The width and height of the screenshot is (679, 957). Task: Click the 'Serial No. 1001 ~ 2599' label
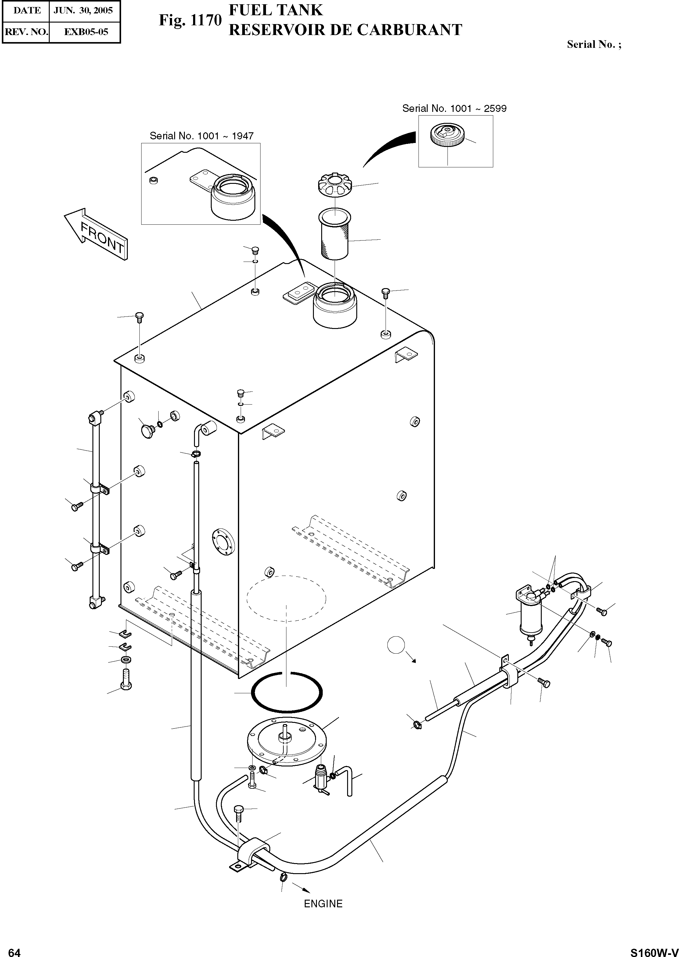[x=454, y=109]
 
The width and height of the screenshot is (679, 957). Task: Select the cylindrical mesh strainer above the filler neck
[x=335, y=235]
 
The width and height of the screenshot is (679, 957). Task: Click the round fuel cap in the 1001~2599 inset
[x=446, y=135]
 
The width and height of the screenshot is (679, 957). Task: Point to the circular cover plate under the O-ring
[x=286, y=744]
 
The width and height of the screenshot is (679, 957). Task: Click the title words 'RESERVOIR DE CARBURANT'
[x=346, y=30]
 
